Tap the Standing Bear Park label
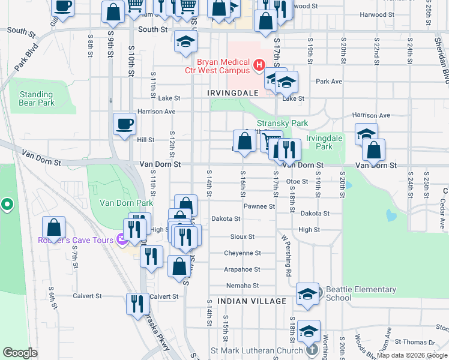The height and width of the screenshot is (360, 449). pyautogui.click(x=37, y=98)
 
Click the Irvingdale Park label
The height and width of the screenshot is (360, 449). pyautogui.click(x=319, y=142)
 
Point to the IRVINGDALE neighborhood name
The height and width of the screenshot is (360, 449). pyautogui.click(x=232, y=93)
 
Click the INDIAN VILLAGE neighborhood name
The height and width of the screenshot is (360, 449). pyautogui.click(x=252, y=301)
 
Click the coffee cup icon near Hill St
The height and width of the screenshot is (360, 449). pyautogui.click(x=124, y=124)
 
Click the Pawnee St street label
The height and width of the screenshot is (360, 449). pyautogui.click(x=259, y=206)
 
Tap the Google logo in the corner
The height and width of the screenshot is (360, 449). pyautogui.click(x=20, y=353)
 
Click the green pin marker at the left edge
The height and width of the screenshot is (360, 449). pyautogui.click(x=7, y=205)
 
